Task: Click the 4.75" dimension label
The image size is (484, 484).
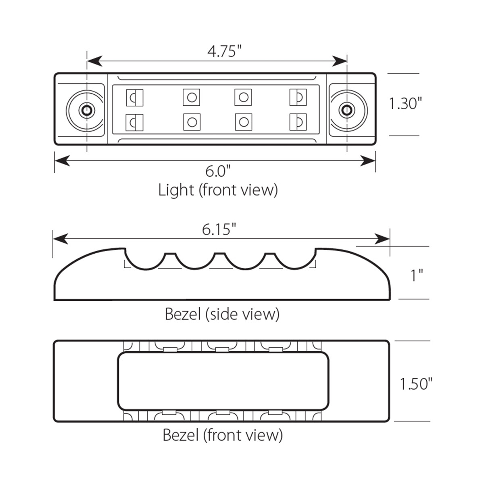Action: (x=224, y=51)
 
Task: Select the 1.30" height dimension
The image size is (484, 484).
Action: (x=405, y=104)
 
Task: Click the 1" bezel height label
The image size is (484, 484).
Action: (x=416, y=276)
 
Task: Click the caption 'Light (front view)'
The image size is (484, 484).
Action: (x=218, y=190)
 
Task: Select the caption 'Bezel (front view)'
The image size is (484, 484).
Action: (x=222, y=435)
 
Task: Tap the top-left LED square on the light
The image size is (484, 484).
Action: (x=135, y=97)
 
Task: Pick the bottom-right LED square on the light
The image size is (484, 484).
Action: (x=298, y=122)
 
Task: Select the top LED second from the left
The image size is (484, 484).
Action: (x=192, y=97)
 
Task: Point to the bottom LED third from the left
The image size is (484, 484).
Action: (x=243, y=122)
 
